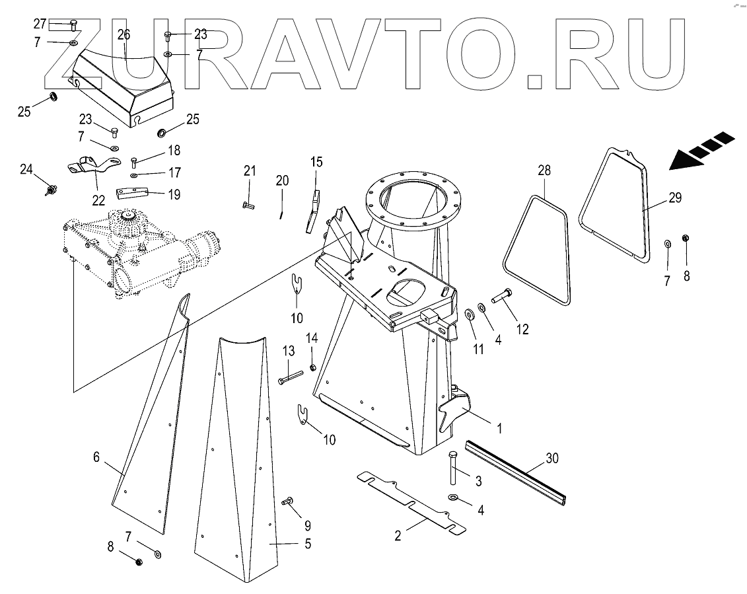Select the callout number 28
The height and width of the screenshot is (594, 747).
[544, 170]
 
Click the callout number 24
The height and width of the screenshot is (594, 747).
[26, 170]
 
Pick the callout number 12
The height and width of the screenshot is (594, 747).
[522, 328]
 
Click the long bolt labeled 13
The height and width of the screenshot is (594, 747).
[291, 379]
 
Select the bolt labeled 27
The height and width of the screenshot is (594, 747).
[73, 24]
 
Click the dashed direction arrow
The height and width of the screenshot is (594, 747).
[701, 151]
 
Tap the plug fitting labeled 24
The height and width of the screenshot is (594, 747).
[49, 191]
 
